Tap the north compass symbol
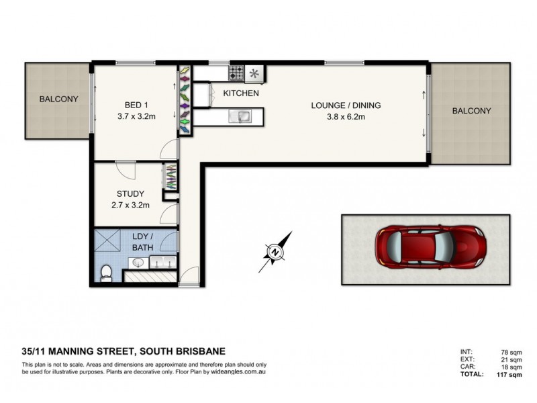click(276, 252)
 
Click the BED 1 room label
click(136, 105)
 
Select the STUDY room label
click(130, 194)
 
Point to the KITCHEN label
click(240, 93)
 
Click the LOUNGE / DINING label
click(346, 105)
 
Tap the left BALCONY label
click(58, 99)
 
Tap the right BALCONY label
click(471, 111)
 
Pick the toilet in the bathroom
click(105, 271)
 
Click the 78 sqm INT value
click(515, 350)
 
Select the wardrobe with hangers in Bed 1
click(184, 100)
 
